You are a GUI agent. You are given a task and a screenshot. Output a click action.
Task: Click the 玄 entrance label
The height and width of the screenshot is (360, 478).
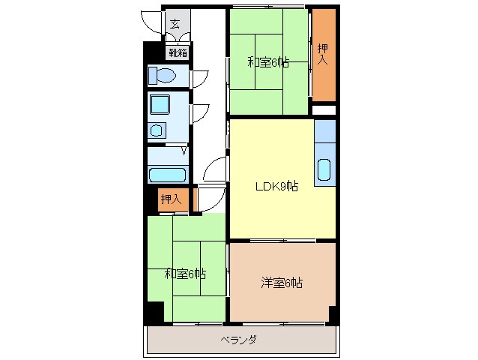[175, 23]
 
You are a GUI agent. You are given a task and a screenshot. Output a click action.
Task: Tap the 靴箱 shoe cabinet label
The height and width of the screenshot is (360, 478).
[178, 52]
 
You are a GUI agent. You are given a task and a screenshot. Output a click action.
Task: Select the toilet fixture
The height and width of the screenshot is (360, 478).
[162, 76]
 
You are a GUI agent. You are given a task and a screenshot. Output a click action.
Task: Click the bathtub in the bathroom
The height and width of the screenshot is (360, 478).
[167, 175]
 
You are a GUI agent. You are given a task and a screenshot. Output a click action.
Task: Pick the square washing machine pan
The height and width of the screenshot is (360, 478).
[160, 103]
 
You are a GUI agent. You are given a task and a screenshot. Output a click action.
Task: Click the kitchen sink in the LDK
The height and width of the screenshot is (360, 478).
[324, 169]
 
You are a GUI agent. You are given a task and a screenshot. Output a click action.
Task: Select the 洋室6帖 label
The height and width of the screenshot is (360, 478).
[281, 283]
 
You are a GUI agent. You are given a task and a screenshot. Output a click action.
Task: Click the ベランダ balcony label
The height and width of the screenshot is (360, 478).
[239, 340]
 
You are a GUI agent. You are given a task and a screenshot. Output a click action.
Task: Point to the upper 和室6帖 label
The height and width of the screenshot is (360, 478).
[268, 62]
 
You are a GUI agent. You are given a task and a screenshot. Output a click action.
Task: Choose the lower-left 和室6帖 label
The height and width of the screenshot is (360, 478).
[185, 274]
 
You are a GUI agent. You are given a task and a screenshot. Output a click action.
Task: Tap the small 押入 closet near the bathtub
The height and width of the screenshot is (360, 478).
[170, 199]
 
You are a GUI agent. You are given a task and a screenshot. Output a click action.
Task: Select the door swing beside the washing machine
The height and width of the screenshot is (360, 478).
[200, 112]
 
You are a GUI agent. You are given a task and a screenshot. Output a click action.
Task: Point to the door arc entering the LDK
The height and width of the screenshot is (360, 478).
[215, 169]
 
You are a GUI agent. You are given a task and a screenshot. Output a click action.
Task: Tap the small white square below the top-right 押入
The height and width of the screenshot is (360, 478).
[324, 110]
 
